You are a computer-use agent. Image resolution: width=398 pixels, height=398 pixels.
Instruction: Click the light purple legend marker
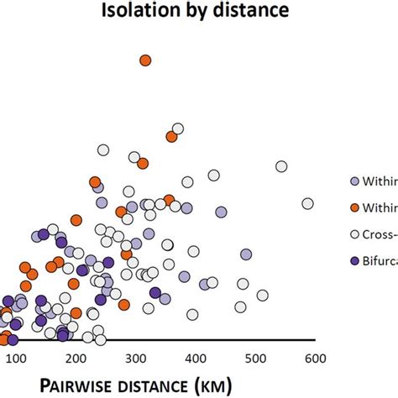click(x=355, y=181)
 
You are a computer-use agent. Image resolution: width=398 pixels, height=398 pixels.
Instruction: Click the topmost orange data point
click(x=145, y=60)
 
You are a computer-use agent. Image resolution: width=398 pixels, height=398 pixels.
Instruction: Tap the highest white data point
click(x=177, y=128)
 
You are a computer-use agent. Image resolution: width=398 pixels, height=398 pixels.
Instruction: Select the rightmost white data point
click(x=308, y=203)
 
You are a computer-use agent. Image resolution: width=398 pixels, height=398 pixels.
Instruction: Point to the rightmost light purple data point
click(x=246, y=254)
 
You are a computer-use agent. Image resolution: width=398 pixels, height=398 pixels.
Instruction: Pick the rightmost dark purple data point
click(x=155, y=292)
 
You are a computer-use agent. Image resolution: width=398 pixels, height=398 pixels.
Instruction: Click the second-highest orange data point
click(x=171, y=136)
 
